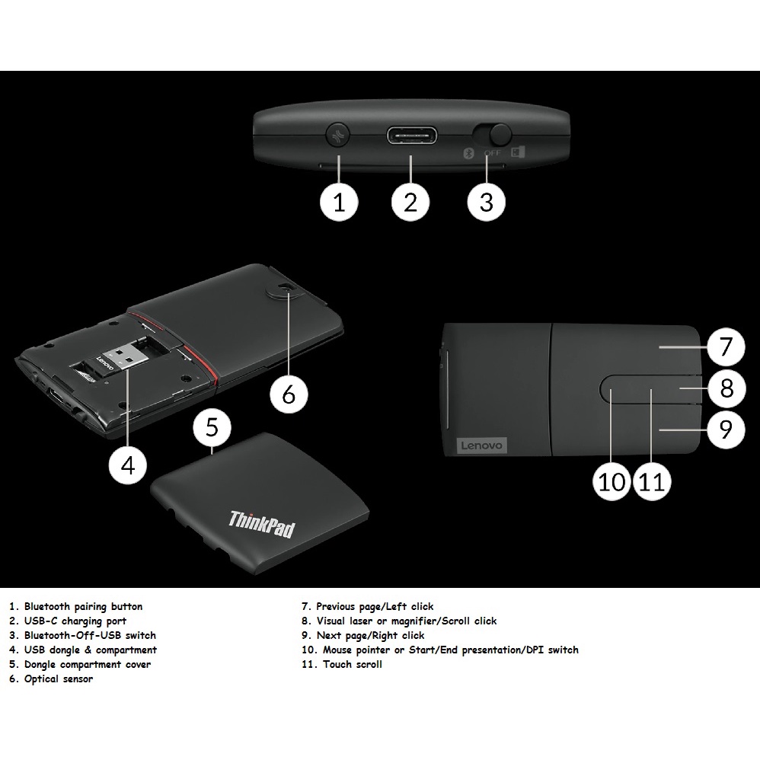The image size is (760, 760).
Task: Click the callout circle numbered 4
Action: coord(127,465)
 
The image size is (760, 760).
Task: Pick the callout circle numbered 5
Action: coord(212,427)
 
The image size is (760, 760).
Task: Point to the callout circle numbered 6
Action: coord(289,394)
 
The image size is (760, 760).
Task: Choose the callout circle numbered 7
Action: coord(726,348)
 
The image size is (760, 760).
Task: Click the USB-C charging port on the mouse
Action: coord(410,136)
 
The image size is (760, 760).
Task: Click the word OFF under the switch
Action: coord(491,152)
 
